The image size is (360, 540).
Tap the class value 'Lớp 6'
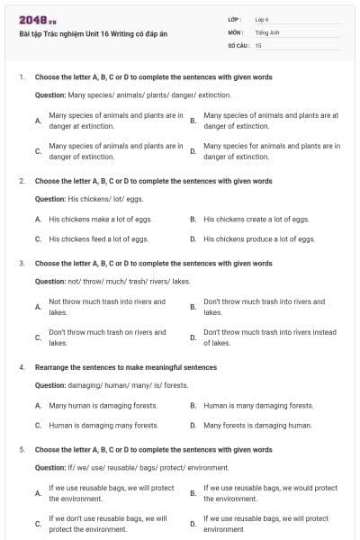pos(262,19)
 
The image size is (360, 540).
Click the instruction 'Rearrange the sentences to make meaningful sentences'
pos(126,367)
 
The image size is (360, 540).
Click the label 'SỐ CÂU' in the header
pos(238,44)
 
